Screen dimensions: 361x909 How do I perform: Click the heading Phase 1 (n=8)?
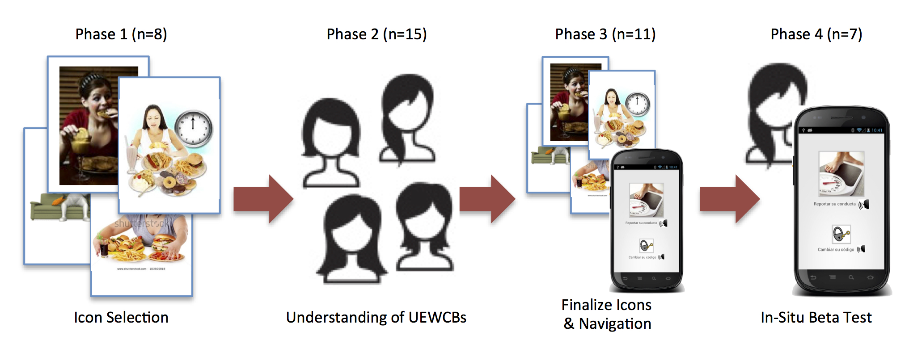click(x=121, y=34)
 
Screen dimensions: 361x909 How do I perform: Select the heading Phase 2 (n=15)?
click(x=376, y=34)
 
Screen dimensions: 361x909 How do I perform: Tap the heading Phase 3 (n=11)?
click(x=605, y=34)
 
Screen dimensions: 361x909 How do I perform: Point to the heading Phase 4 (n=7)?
click(x=816, y=34)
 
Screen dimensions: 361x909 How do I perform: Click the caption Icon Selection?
click(x=121, y=317)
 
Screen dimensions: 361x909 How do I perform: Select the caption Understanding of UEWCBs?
click(x=376, y=317)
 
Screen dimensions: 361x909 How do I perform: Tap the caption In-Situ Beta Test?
click(x=816, y=317)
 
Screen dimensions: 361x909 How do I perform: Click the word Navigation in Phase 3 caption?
click(x=615, y=323)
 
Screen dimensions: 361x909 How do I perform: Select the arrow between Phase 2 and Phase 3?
click(x=487, y=199)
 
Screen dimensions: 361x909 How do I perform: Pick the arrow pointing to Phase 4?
click(x=729, y=199)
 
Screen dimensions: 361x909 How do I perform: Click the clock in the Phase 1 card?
click(x=193, y=128)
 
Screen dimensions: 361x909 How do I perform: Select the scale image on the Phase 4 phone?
click(x=841, y=174)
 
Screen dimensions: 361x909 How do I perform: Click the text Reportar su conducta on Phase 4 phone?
click(x=834, y=204)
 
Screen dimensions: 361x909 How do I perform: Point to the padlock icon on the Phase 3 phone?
click(x=646, y=245)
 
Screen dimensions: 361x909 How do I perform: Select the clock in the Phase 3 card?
click(x=638, y=104)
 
